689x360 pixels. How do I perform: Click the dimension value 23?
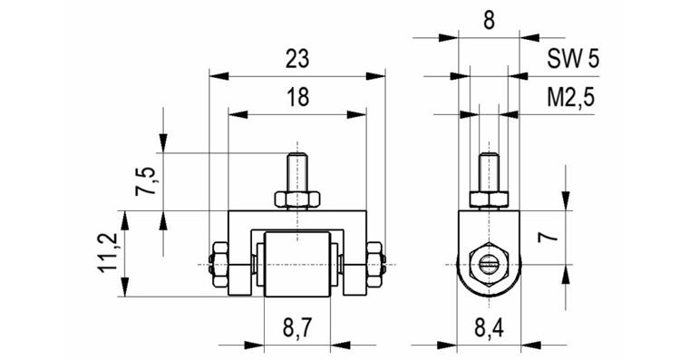[x=297, y=59]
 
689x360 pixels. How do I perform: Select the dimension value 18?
[x=298, y=97]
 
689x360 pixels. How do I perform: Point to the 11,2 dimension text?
[x=108, y=252]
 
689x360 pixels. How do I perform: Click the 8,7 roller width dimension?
[x=297, y=327]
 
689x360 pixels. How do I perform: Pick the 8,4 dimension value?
[x=489, y=327]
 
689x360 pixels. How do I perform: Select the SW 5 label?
[x=573, y=58]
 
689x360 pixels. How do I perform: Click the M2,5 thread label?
[x=571, y=98]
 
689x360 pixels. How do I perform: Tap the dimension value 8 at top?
[x=489, y=20]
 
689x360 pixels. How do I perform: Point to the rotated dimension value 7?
[x=548, y=238]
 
